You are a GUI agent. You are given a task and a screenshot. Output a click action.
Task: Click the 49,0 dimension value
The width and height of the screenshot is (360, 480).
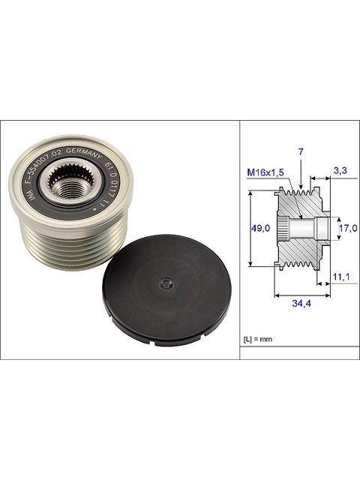[x=260, y=228]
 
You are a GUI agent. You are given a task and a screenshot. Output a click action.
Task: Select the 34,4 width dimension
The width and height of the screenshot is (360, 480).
[x=301, y=303]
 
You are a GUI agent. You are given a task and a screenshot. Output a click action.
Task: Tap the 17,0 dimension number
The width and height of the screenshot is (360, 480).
[x=348, y=228]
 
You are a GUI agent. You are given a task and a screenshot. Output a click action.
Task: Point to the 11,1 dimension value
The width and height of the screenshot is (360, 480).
[x=341, y=277]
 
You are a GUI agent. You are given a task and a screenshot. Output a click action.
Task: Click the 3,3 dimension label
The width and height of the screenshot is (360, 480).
[x=340, y=170]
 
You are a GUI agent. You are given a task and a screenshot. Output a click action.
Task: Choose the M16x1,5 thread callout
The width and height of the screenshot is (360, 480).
[x=265, y=172]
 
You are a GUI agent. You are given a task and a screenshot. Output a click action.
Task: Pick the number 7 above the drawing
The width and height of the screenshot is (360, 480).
[x=301, y=151]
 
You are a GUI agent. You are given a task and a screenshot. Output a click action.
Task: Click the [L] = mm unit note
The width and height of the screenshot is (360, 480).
[x=258, y=340]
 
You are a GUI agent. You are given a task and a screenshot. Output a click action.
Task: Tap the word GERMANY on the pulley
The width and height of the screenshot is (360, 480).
[x=83, y=154]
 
